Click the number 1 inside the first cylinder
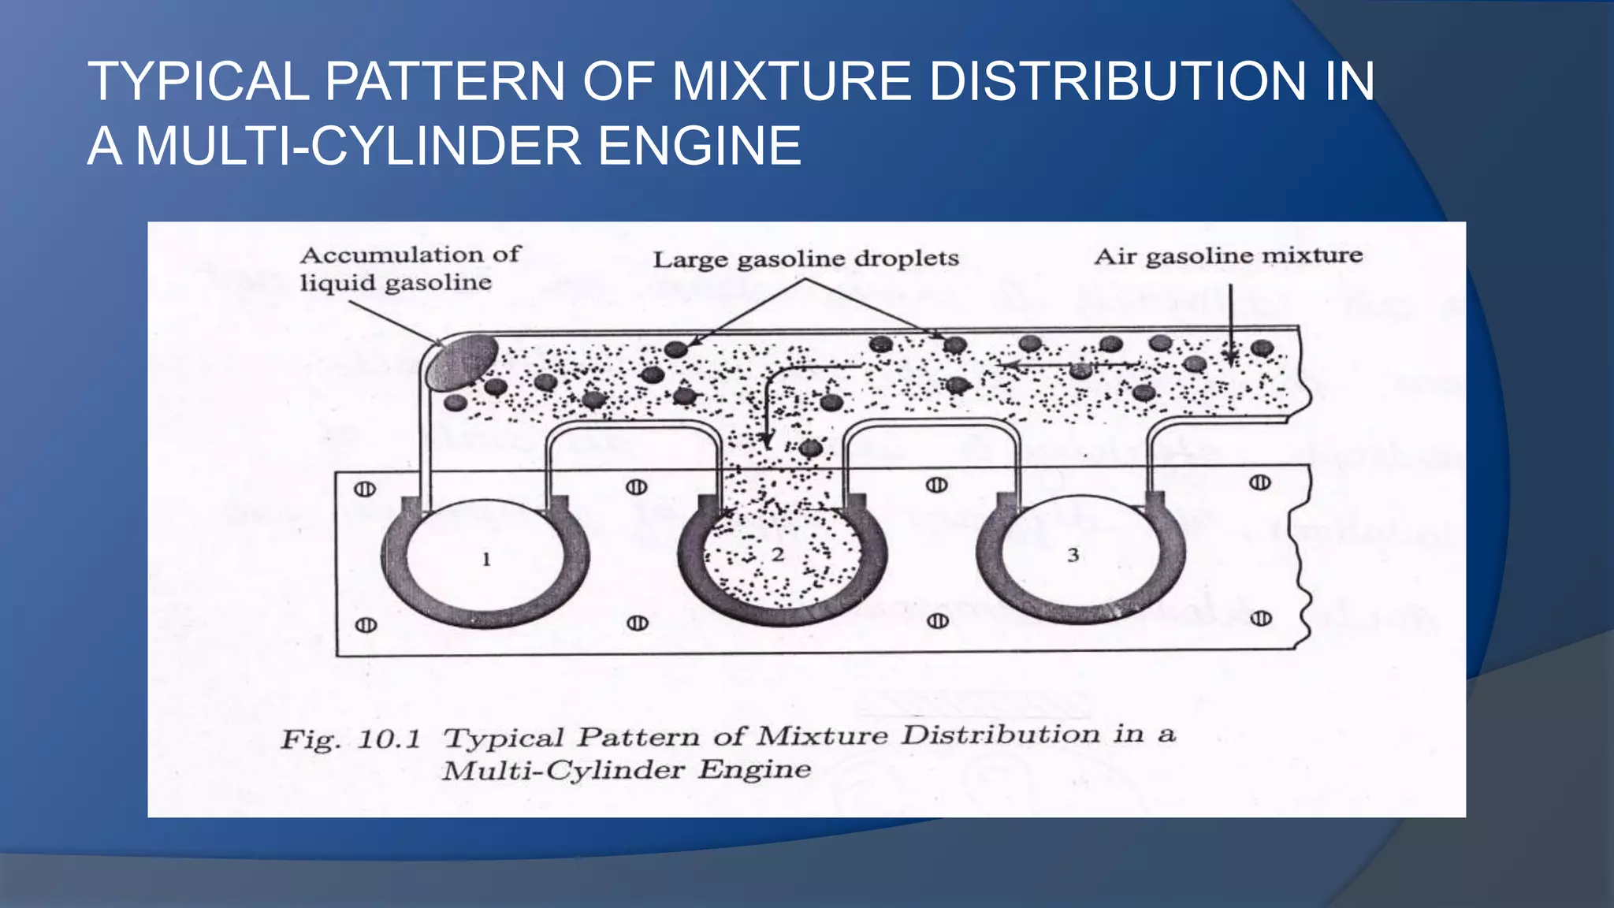(x=486, y=560)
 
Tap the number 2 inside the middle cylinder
(x=778, y=555)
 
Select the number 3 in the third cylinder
(x=1073, y=556)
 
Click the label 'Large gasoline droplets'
(x=805, y=259)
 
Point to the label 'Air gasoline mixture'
(x=1228, y=256)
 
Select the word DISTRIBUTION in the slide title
(x=1118, y=81)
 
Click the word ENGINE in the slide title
(x=699, y=146)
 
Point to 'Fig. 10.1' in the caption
(x=351, y=739)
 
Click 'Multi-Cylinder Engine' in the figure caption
(x=627, y=770)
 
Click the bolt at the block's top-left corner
(x=365, y=489)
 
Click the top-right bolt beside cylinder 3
(x=1259, y=482)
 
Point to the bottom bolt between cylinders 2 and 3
(x=937, y=621)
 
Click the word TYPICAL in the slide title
(x=199, y=81)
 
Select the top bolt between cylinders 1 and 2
(x=637, y=487)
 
